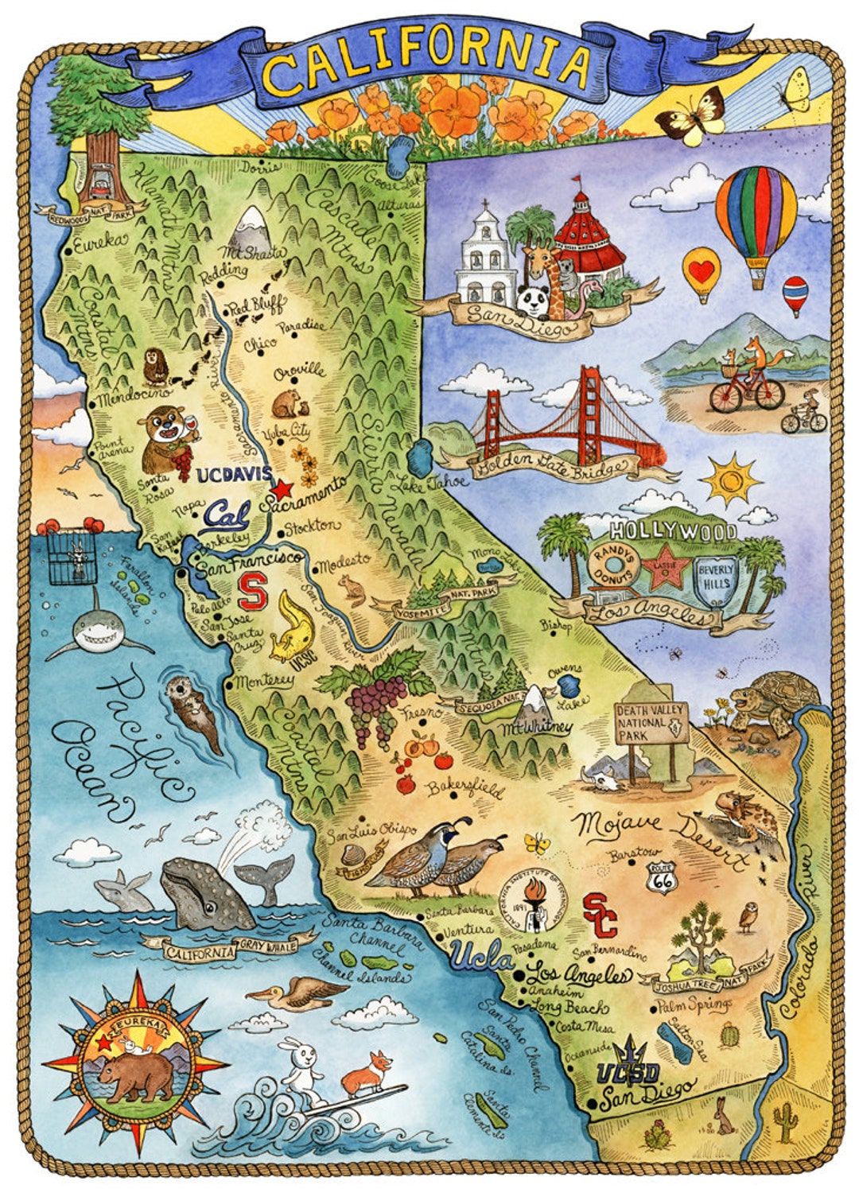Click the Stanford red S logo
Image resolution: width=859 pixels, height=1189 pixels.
[x=254, y=592]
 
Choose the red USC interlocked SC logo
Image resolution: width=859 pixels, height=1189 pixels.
[x=601, y=915]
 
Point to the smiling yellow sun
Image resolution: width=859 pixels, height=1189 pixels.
[x=731, y=480]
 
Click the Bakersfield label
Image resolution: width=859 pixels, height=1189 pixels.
[x=465, y=790]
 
